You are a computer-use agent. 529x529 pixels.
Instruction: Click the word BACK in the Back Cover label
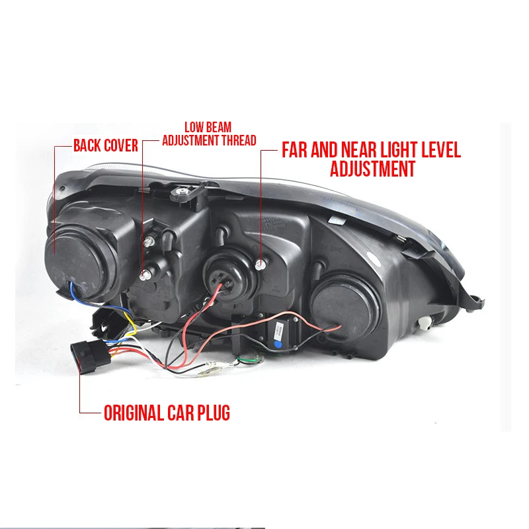(87, 145)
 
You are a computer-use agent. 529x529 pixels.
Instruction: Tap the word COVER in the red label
(121, 145)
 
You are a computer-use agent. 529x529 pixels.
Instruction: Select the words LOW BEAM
(208, 127)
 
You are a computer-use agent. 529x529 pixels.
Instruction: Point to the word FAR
(294, 150)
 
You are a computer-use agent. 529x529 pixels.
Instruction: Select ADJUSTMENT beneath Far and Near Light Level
(372, 169)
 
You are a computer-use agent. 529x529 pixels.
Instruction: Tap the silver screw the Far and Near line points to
(260, 266)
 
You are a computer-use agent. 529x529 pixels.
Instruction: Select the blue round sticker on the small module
(278, 345)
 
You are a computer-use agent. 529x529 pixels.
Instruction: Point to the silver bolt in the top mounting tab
(182, 193)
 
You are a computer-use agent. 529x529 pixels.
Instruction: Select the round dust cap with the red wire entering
(345, 309)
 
